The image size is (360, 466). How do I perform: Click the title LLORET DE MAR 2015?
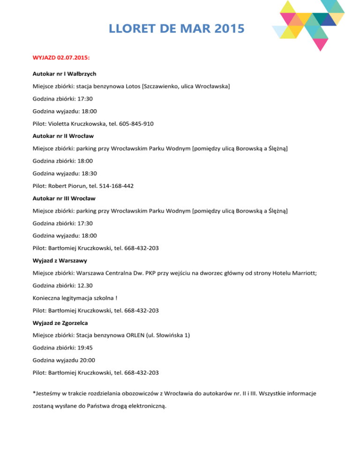point(176,29)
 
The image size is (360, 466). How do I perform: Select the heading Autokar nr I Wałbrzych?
point(65,74)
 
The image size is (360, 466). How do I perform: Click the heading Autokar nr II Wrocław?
point(63,136)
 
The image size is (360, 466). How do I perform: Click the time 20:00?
point(82,360)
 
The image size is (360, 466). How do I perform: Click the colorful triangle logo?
point(309,23)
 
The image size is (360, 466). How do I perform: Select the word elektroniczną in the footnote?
point(144,407)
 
